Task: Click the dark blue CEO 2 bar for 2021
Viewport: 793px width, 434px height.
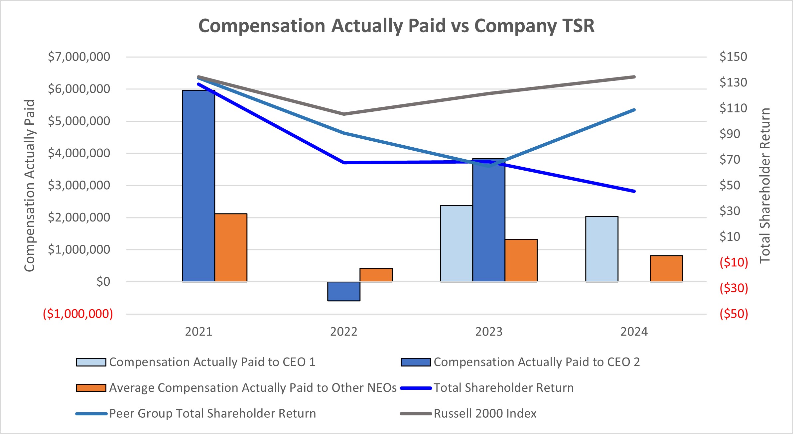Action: click(x=198, y=186)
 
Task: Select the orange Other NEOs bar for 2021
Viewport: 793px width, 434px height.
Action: click(x=231, y=248)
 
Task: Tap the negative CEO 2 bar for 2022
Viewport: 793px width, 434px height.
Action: click(x=343, y=291)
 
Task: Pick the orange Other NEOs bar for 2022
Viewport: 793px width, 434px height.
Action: click(x=376, y=275)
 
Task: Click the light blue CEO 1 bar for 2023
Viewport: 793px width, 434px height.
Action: click(x=456, y=243)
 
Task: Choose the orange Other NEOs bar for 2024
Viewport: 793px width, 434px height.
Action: click(x=666, y=269)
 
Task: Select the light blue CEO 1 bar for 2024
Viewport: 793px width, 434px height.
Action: click(x=601, y=249)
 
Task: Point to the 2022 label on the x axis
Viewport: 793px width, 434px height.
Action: click(x=343, y=332)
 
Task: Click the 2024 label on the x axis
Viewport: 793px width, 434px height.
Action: click(x=634, y=332)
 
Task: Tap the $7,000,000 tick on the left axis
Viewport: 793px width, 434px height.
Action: click(x=79, y=57)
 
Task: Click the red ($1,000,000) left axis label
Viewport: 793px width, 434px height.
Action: click(x=78, y=314)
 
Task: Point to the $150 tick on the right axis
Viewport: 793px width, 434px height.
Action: click(x=733, y=57)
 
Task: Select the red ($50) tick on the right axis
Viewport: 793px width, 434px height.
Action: click(x=734, y=314)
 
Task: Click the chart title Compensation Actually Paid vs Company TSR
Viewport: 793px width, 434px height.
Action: click(x=396, y=26)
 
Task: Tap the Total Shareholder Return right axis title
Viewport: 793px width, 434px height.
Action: click(x=765, y=185)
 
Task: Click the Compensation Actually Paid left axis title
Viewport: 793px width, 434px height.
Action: click(x=30, y=185)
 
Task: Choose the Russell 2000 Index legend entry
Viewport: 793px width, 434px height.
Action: click(x=485, y=413)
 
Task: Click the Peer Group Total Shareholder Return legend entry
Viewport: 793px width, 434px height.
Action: click(x=212, y=413)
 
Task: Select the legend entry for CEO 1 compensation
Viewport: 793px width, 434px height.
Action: click(x=212, y=362)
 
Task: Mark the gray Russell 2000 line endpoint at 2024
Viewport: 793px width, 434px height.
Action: click(x=634, y=77)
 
